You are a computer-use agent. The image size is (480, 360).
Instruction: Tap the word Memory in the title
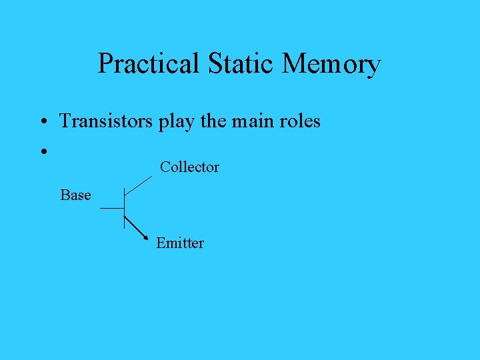[x=331, y=65]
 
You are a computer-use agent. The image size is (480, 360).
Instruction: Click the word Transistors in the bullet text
[x=107, y=121]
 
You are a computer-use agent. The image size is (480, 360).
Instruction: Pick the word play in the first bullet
[x=175, y=122]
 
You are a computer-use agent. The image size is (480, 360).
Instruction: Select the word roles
[x=301, y=121]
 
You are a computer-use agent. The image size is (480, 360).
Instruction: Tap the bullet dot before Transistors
[x=42, y=123]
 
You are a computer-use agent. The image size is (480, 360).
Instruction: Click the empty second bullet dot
[x=42, y=152]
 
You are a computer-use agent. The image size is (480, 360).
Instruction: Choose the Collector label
[x=189, y=167]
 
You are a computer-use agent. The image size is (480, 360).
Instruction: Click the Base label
[x=75, y=195]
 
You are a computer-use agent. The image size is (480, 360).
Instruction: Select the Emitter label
[x=180, y=243]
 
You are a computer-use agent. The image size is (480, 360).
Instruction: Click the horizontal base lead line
[x=112, y=209]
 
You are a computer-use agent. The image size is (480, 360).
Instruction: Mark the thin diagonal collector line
[x=139, y=185]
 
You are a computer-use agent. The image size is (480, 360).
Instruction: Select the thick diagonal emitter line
[x=135, y=227]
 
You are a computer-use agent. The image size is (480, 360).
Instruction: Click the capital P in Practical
[x=104, y=64]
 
